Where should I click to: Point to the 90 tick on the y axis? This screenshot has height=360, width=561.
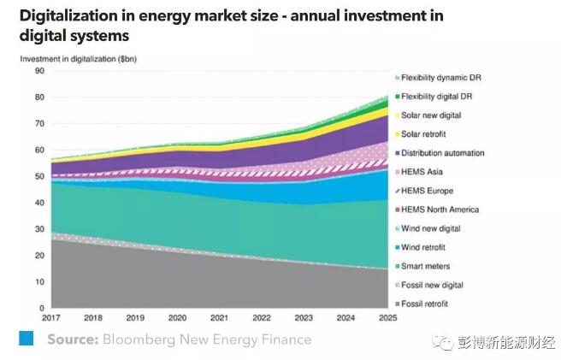point(39,71)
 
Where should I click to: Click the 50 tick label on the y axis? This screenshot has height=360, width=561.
point(39,176)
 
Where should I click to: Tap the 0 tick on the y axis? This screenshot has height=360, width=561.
point(42,308)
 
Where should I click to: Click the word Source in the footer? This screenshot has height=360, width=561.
point(73,339)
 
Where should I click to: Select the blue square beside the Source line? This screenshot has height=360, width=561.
point(27,339)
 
